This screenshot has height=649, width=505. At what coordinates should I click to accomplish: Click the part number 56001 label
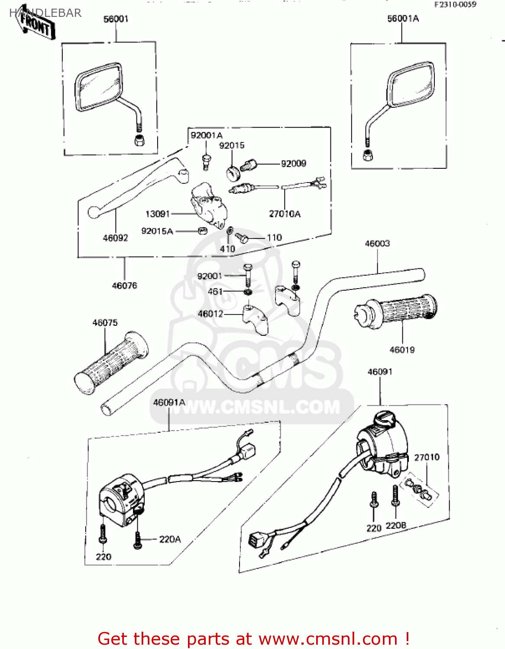coord(116,19)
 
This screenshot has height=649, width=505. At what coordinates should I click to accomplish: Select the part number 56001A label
coord(403,19)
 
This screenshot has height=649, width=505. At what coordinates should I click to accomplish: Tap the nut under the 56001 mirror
coord(139,140)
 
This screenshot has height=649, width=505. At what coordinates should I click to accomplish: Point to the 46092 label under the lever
coord(115,238)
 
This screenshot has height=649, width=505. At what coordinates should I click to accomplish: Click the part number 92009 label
coord(293,164)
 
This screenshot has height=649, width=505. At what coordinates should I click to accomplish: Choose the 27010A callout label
coord(285,214)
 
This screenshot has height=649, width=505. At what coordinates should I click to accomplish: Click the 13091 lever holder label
coord(157,214)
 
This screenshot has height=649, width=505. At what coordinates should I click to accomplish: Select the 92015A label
coord(157,231)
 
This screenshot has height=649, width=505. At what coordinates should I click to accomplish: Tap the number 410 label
coord(227,249)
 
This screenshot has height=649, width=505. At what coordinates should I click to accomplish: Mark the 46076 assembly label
coord(124,286)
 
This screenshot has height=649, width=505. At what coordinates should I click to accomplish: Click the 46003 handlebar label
coord(377,244)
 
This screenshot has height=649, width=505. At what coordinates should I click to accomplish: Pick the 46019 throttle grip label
coord(402,350)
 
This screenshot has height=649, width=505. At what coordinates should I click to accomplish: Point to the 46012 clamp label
coord(210,314)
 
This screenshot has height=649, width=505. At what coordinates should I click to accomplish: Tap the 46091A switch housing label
coord(169,402)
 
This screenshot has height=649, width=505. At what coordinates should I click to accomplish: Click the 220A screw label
coord(170,539)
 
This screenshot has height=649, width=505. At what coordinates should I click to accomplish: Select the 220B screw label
coord(396,526)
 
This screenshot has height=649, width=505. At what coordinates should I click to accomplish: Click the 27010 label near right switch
coord(427,457)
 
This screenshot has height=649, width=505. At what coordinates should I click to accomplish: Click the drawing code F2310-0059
coord(455,4)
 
